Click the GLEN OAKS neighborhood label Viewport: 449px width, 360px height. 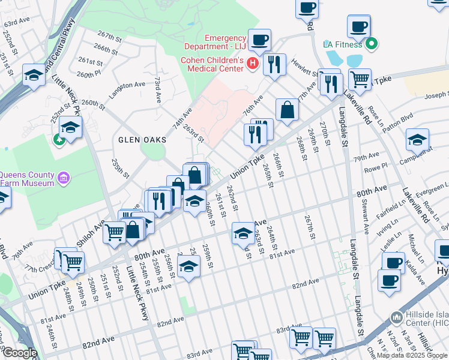tap(137, 139)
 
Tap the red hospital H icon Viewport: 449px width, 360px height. tap(253, 62)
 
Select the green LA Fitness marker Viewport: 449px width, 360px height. tap(372, 44)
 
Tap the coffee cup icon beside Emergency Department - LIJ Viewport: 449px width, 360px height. tap(259, 40)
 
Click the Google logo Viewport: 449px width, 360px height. tap(19, 353)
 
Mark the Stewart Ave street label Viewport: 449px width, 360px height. tap(364, 221)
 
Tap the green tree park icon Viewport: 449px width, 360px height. tap(59, 140)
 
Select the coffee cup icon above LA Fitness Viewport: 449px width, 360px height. tap(358, 26)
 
